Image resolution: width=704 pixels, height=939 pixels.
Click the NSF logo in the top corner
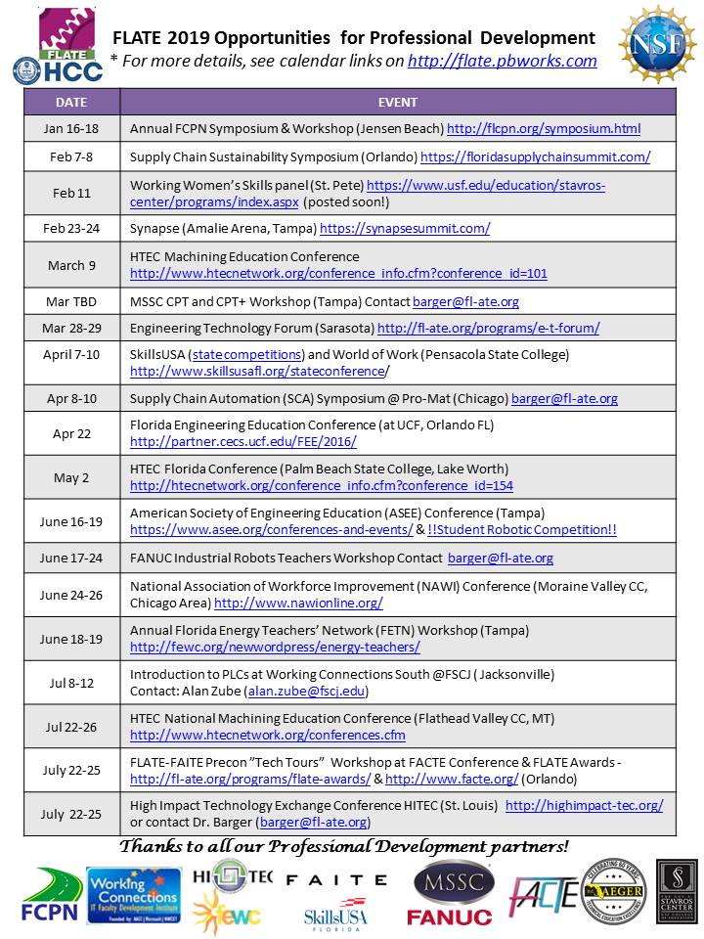656,43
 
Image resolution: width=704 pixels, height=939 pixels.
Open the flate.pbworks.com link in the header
502,61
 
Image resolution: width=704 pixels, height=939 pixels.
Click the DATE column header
70,102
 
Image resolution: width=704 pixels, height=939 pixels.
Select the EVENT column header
397,102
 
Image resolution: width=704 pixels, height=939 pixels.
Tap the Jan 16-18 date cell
70,129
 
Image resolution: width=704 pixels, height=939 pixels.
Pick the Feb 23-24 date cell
70,229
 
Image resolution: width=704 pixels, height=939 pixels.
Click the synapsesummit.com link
405,229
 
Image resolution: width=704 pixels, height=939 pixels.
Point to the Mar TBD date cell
70,301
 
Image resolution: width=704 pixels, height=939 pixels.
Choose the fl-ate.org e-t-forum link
488,328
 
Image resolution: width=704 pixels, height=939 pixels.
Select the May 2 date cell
70,477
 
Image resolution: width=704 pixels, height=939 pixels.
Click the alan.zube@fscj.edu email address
307,692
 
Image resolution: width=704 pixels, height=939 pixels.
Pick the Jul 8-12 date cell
70,683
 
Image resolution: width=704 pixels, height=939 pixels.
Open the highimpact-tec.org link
584,805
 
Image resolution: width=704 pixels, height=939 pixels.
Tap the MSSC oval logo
449,881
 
